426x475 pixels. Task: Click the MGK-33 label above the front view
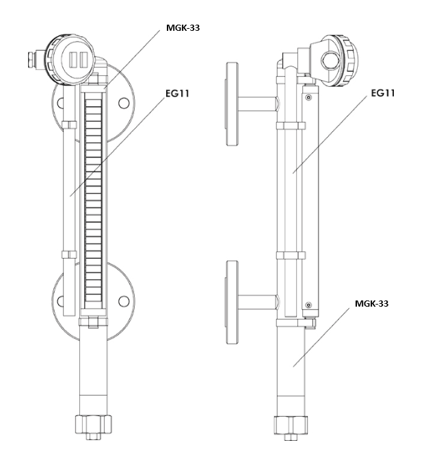(x=183, y=28)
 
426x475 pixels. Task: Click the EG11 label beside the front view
(x=177, y=93)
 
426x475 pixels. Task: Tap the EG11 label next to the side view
(x=383, y=92)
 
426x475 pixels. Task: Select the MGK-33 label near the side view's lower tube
(x=371, y=303)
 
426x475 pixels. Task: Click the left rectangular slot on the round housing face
(x=73, y=60)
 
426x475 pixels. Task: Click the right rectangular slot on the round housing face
(x=84, y=60)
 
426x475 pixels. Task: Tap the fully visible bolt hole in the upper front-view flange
(x=124, y=103)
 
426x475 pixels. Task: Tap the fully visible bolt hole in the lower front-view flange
(x=124, y=301)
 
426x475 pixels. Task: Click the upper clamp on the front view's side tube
(x=69, y=125)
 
